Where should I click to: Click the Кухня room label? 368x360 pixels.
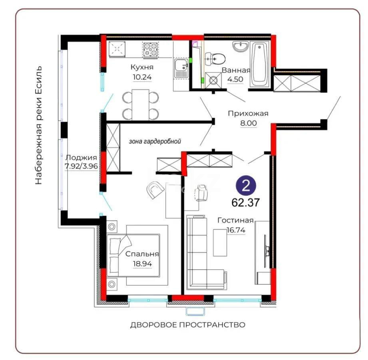click(x=142, y=67)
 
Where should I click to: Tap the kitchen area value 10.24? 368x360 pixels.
click(x=142, y=78)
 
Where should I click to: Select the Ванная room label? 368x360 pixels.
click(x=236, y=70)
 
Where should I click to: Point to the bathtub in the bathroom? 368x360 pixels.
click(x=261, y=65)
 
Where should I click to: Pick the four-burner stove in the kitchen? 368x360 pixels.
click(x=151, y=51)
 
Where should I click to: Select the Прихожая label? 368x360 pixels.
click(x=248, y=113)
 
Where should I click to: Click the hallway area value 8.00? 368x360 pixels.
click(x=248, y=123)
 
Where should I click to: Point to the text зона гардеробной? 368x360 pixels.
click(x=155, y=141)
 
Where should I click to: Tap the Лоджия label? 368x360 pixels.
click(x=81, y=157)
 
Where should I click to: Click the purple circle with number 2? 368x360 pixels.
click(x=247, y=186)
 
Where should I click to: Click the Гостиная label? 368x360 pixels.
click(x=236, y=220)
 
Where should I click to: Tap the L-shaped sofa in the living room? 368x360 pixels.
click(x=200, y=256)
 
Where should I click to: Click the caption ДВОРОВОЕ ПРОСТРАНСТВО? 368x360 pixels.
click(x=187, y=325)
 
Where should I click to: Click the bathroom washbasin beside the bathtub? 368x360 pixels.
click(x=241, y=47)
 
